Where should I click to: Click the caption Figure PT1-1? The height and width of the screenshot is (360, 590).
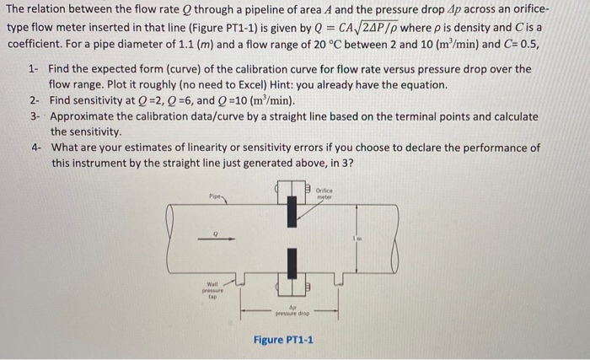click(x=283, y=340)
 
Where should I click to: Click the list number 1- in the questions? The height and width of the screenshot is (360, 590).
click(x=34, y=69)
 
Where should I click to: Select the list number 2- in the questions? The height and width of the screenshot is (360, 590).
click(x=34, y=100)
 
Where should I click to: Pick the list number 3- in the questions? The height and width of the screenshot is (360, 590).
click(x=34, y=116)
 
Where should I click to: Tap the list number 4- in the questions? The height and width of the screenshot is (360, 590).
click(x=34, y=148)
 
